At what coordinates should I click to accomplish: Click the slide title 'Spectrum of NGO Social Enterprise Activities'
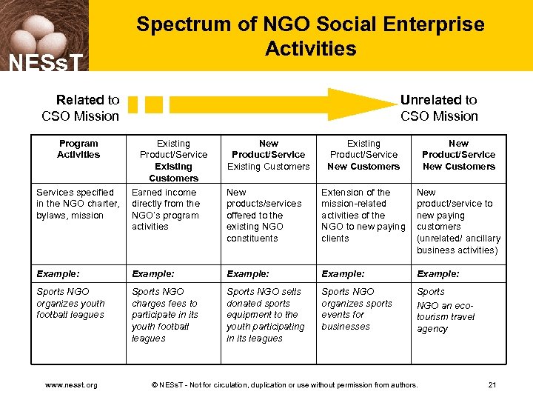pyautogui.click(x=310, y=36)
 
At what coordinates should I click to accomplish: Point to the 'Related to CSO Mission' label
pyautogui.click(x=81, y=107)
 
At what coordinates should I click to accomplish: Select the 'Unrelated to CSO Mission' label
pyautogui.click(x=439, y=107)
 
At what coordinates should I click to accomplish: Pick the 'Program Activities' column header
pyautogui.click(x=78, y=149)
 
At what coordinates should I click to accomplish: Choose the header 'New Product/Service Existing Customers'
pyautogui.click(x=269, y=155)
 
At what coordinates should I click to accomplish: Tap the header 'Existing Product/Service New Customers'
pyautogui.click(x=363, y=155)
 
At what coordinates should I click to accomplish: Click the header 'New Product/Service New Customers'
pyautogui.click(x=458, y=155)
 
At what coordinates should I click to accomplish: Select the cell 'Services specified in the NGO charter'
pyautogui.click(x=78, y=204)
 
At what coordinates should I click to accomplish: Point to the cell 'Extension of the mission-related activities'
pyautogui.click(x=363, y=215)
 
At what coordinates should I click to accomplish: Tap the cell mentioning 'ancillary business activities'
pyautogui.click(x=458, y=221)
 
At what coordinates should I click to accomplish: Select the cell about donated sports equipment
pyautogui.click(x=268, y=315)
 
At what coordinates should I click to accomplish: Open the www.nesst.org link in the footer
pyautogui.click(x=71, y=385)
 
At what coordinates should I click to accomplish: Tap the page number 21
pyautogui.click(x=493, y=385)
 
